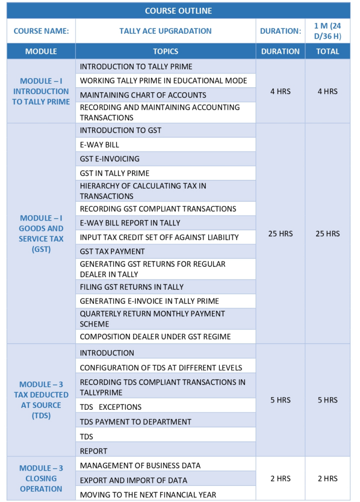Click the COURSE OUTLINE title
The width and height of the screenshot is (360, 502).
(178, 10)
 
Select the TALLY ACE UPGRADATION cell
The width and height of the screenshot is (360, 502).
(166, 31)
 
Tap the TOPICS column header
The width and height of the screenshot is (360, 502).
(166, 51)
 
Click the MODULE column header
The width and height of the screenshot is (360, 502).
(41, 51)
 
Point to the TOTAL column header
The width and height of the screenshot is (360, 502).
(328, 51)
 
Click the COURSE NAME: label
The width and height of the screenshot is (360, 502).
(41, 31)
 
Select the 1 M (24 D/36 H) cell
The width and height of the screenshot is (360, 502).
(328, 31)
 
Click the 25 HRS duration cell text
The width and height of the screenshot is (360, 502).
(280, 233)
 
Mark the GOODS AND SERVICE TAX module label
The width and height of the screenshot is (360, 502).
(41, 233)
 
